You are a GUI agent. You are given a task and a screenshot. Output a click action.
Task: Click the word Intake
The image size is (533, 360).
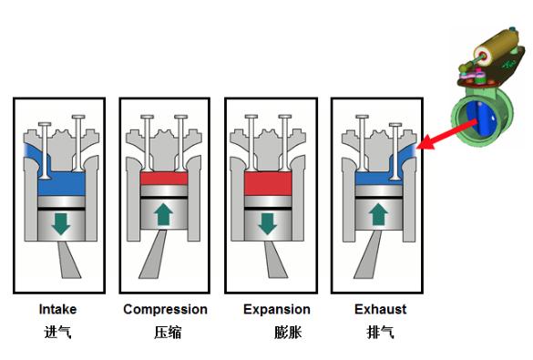point(57,309)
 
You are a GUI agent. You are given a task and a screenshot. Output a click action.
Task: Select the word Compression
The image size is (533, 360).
point(165,310)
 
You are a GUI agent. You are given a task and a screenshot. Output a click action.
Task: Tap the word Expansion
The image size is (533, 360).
point(277,310)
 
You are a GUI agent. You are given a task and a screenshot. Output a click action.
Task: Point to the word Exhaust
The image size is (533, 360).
point(380,309)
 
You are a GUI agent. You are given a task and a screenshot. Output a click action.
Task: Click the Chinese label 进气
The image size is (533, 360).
point(57,332)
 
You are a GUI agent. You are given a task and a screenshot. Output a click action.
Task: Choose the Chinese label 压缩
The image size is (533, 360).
point(168,332)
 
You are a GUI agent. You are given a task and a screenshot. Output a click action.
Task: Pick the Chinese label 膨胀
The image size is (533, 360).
point(288,332)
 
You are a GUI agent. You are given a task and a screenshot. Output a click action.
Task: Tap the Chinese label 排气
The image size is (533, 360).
point(380,332)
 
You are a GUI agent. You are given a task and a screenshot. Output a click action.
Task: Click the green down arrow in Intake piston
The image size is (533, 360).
point(61,223)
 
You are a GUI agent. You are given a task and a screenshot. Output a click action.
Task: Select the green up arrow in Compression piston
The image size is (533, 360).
point(163,214)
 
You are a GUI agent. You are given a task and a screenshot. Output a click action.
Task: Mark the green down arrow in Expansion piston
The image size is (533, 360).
point(268,223)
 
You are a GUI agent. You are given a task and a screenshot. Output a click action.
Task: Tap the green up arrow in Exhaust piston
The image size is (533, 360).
point(378,214)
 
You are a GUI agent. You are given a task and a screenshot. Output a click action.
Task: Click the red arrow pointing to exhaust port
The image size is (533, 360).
point(446,135)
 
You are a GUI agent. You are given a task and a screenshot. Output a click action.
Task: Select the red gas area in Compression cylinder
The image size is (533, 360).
point(164,179)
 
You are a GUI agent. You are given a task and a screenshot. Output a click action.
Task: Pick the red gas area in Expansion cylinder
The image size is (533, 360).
point(268,183)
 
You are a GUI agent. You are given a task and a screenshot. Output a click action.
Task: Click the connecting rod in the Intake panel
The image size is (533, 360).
point(69,260)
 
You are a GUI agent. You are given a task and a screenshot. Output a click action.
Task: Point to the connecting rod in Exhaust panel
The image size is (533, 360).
point(368,255)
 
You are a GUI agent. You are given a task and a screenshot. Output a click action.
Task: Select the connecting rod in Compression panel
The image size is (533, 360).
point(153,254)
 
